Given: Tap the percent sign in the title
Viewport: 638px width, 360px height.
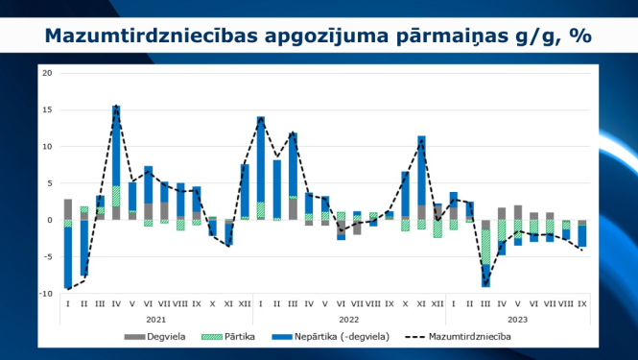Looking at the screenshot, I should tap(579, 36).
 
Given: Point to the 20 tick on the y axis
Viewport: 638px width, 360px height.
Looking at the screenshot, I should tap(48, 73).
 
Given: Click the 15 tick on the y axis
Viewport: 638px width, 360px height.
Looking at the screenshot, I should tap(48, 109).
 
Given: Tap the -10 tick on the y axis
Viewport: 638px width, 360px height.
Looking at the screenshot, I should tap(46, 293).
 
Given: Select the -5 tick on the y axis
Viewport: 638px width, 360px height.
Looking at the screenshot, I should tap(48, 256).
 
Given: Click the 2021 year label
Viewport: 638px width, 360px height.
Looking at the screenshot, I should tap(155, 319).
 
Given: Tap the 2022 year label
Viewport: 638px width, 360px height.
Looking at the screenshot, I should tap(348, 319).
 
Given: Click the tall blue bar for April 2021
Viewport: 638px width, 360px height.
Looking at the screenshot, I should tap(116, 144).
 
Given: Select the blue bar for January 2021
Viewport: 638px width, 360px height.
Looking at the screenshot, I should tap(68, 257).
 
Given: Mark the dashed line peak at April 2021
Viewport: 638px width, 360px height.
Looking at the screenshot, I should tap(116, 107).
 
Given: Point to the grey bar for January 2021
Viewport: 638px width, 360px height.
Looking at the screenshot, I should tap(68, 209).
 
